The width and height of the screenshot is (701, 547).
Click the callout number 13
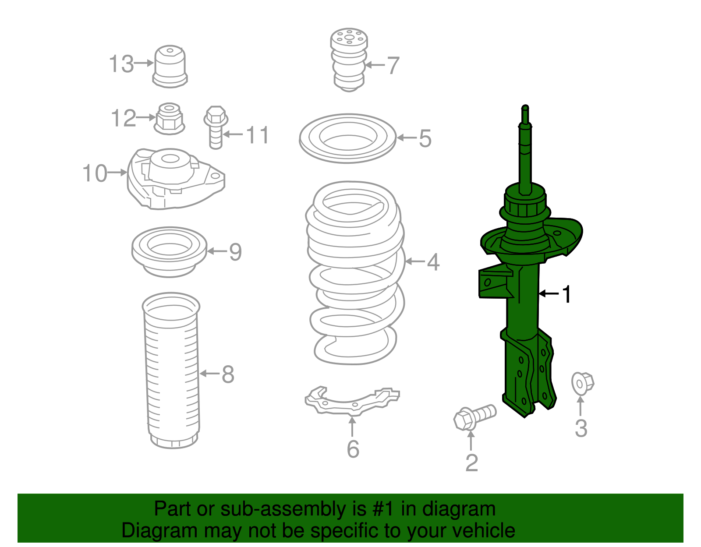tap(121, 64)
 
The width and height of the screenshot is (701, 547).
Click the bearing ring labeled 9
tap(169, 251)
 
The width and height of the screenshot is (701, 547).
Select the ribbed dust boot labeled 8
tap(172, 372)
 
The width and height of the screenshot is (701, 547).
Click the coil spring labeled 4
tap(355, 272)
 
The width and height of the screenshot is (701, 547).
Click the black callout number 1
tap(567, 294)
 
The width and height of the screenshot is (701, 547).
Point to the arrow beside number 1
tap(549, 293)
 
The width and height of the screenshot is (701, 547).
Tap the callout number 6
tap(353, 449)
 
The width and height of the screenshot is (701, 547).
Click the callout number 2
tap(471, 462)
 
